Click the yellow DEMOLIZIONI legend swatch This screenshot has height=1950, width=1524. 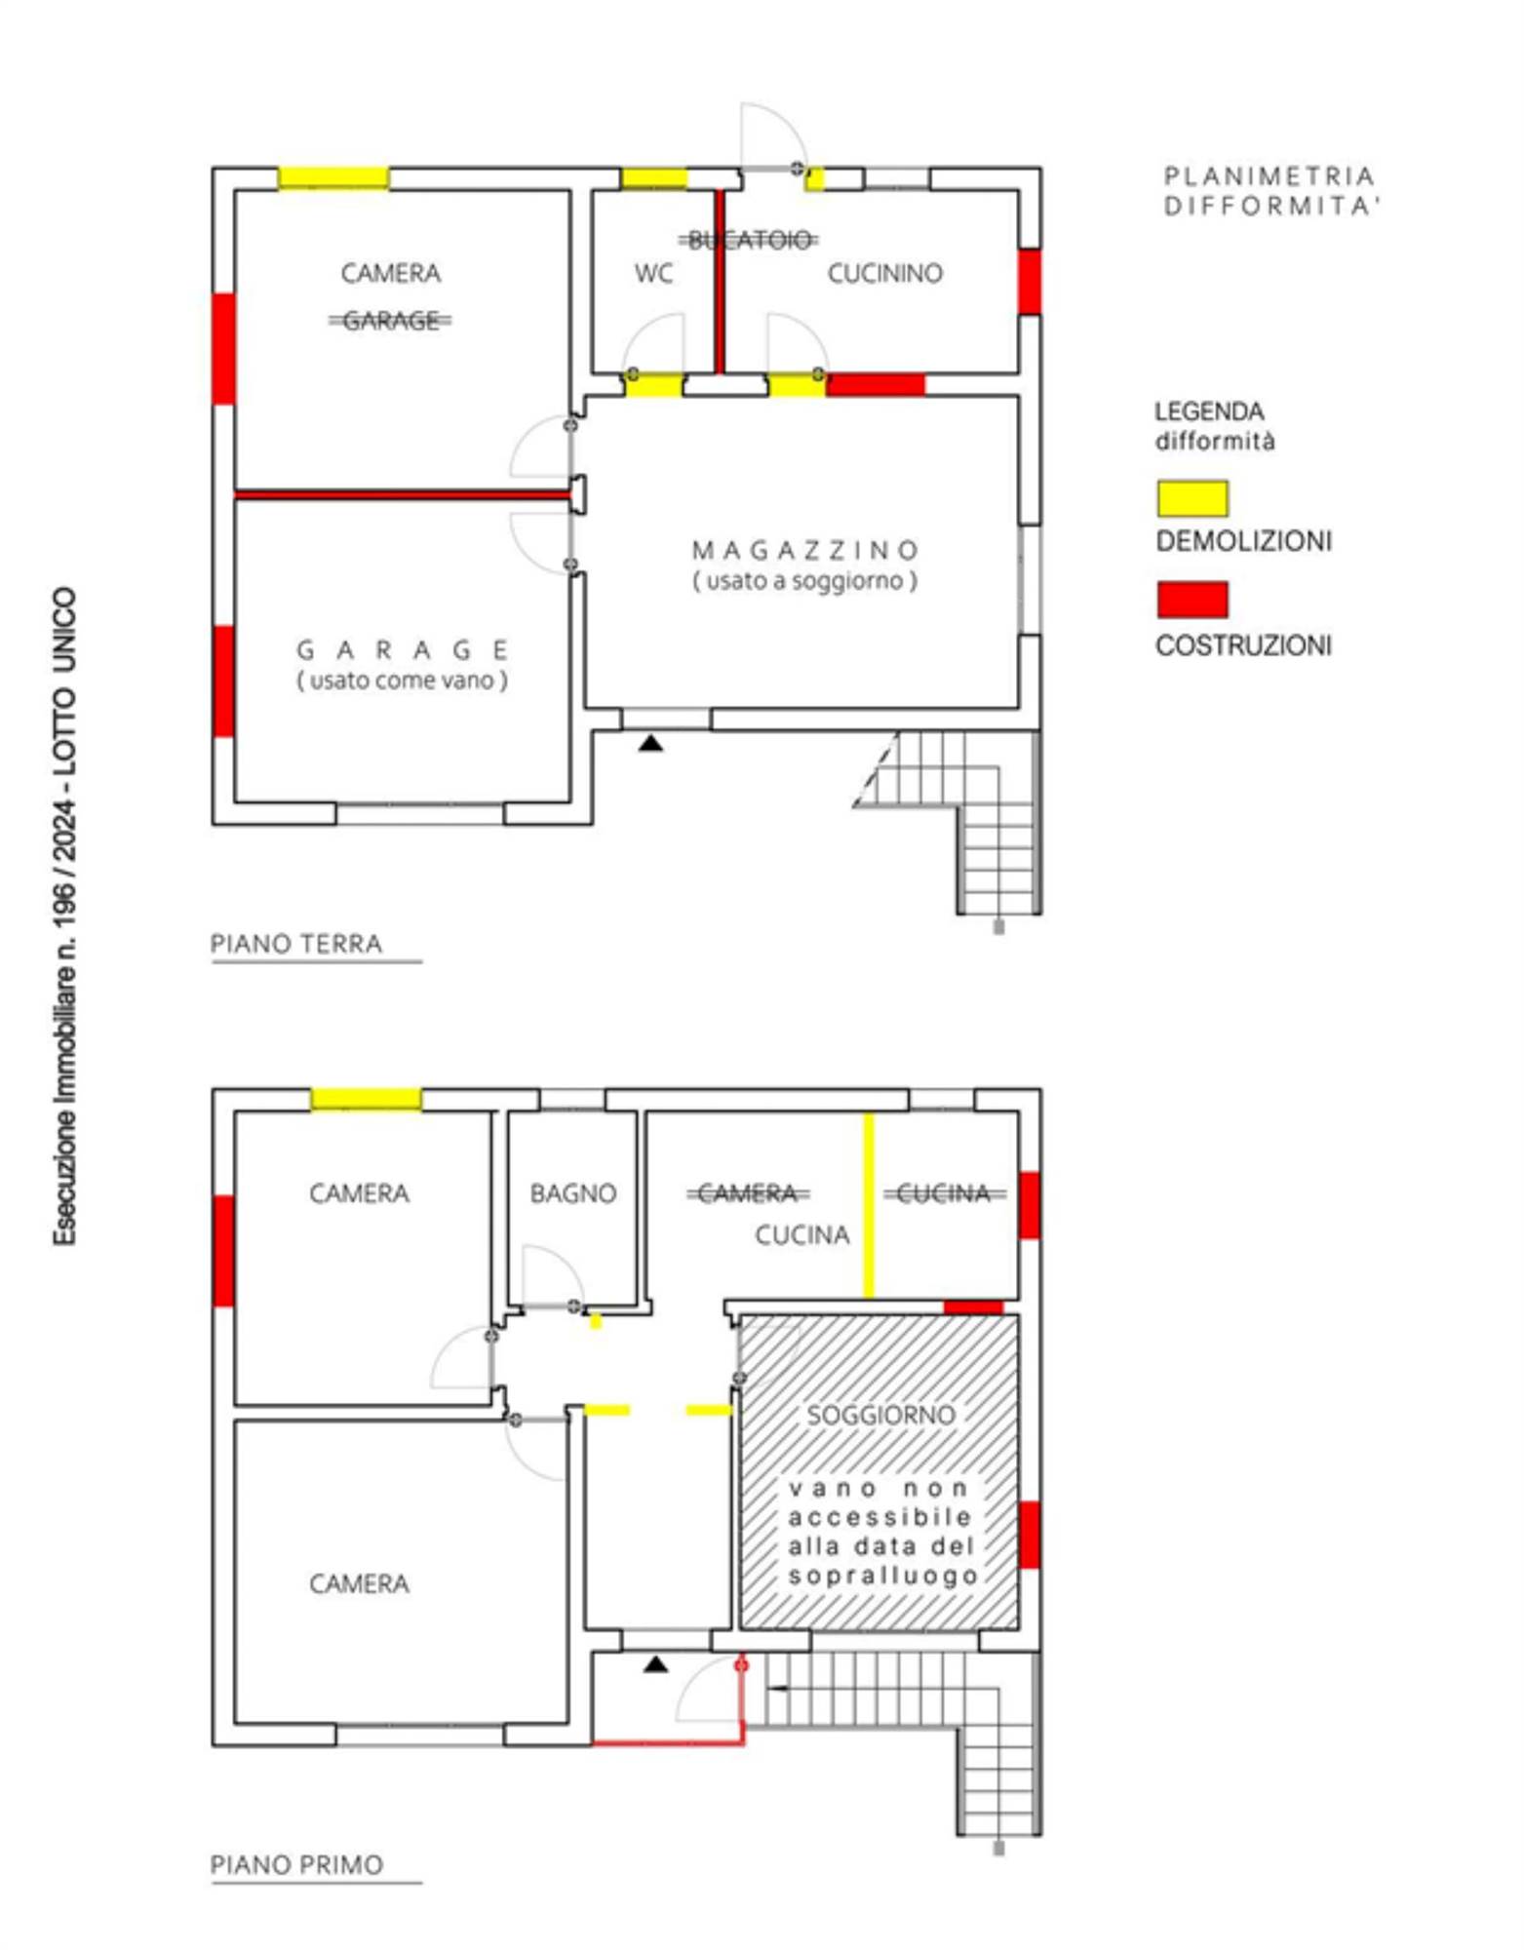(1192, 498)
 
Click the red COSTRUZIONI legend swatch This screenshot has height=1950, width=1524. (1192, 599)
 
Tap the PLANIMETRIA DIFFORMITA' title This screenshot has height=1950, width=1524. (1270, 191)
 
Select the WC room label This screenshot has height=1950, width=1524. (653, 274)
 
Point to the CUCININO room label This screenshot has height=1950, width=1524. (884, 274)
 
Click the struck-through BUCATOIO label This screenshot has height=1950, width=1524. (749, 240)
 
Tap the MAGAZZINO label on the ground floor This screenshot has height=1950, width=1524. (804, 551)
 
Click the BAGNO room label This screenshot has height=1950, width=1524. (573, 1193)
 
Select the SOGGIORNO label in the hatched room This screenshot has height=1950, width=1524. (880, 1415)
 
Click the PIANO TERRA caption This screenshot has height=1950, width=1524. (296, 944)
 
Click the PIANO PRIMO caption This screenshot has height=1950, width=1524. (296, 1864)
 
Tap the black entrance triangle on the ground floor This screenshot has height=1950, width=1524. (651, 744)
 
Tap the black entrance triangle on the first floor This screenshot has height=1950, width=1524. (656, 1663)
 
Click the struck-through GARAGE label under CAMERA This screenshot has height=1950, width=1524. (390, 321)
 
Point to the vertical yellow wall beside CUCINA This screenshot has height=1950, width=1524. (869, 1205)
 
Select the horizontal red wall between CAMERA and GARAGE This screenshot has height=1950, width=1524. (402, 495)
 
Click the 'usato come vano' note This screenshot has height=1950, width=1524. (402, 681)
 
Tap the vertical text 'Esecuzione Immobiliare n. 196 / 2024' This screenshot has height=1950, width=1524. (64, 916)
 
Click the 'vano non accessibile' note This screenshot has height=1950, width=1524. (880, 1532)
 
